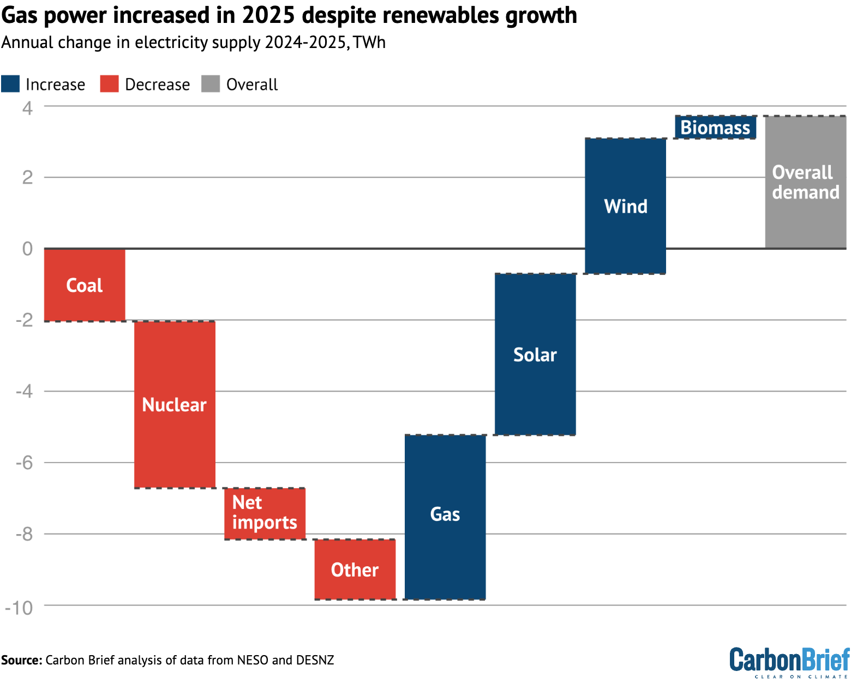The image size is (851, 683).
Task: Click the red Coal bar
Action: click(x=85, y=285)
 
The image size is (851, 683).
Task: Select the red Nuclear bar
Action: click(x=175, y=404)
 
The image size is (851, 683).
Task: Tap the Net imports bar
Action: click(x=265, y=513)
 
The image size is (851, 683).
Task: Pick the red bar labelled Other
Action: click(x=355, y=569)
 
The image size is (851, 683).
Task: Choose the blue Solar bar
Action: click(x=535, y=354)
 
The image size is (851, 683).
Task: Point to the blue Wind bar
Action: click(x=625, y=206)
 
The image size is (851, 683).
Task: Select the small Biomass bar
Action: click(x=715, y=127)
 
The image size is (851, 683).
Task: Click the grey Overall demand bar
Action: click(x=805, y=182)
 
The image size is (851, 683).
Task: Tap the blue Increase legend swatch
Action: click(x=10, y=84)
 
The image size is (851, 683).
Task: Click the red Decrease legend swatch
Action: click(x=109, y=84)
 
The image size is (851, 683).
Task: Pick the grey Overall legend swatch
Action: click(x=211, y=84)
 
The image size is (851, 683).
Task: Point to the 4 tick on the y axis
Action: click(x=27, y=107)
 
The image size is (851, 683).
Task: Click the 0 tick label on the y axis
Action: click(x=27, y=249)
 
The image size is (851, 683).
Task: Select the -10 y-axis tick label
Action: click(x=19, y=607)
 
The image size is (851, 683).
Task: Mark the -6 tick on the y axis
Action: click(x=24, y=463)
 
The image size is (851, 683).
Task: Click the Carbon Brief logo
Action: click(x=789, y=662)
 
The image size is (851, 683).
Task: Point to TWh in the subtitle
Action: click(x=369, y=43)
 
